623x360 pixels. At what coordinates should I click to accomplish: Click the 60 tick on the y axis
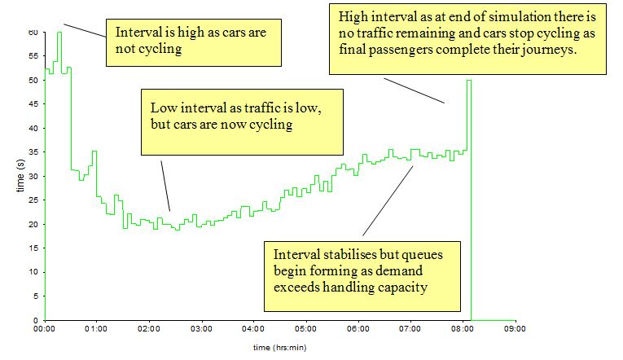point(33,33)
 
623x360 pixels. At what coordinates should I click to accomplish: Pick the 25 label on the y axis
point(33,200)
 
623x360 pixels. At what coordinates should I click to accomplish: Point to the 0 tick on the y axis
point(36,320)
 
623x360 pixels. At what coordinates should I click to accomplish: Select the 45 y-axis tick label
point(33,104)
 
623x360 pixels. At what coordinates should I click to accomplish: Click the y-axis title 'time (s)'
point(20,176)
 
